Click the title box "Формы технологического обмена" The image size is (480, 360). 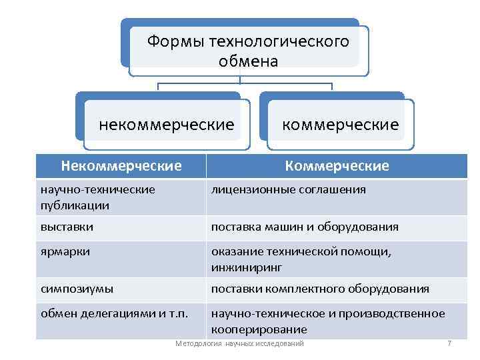pyautogui.click(x=248, y=51)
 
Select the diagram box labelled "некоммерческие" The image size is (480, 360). pyautogui.click(x=167, y=125)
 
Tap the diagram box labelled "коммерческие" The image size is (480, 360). pyautogui.click(x=341, y=125)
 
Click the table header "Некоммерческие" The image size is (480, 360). pyautogui.click(x=121, y=165)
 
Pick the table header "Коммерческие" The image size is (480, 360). pyautogui.click(x=337, y=165)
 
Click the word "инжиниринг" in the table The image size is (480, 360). pyautogui.click(x=247, y=267)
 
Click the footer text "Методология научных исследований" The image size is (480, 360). pyautogui.click(x=239, y=343)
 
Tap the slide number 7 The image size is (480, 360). pyautogui.click(x=449, y=343)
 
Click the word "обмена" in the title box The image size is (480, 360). pyautogui.click(x=248, y=61)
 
